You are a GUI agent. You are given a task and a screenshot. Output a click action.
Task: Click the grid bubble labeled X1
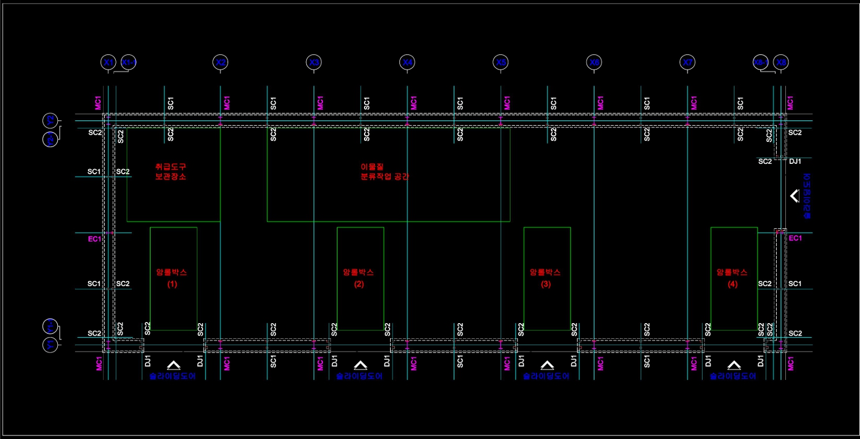point(108,63)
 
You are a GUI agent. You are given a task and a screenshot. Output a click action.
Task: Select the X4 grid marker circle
point(407,63)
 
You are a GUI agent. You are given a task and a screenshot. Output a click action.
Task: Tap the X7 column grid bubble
point(688,63)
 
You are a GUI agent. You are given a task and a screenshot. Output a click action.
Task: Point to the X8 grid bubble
point(782,63)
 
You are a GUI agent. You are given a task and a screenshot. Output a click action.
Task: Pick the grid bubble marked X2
point(220,63)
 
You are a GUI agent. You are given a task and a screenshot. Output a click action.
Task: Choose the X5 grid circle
point(501,63)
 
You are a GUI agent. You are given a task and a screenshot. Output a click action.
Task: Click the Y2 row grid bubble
point(50,121)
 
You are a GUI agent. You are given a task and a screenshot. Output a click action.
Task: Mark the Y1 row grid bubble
point(50,345)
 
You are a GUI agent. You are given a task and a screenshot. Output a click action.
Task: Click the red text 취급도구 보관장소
point(171,171)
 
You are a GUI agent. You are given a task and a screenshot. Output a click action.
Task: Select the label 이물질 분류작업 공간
point(384,171)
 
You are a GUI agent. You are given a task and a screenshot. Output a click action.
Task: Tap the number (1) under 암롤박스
point(172,284)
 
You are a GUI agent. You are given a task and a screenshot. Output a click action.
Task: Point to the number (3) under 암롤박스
point(546,284)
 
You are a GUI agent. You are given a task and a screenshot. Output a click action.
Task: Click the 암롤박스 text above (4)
point(732,272)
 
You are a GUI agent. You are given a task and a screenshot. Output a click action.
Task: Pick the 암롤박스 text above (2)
point(358,272)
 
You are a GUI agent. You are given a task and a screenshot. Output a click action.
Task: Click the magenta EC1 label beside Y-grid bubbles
point(95,239)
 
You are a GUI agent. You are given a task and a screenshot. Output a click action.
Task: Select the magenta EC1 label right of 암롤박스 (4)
point(796,238)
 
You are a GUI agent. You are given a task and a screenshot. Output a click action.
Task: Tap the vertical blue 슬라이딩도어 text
point(807,196)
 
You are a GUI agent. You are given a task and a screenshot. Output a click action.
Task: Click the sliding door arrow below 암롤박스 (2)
point(360,365)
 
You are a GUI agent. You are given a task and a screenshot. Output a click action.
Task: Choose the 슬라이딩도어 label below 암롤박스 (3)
point(546,376)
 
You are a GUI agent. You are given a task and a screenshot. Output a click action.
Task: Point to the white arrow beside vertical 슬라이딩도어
point(795,196)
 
